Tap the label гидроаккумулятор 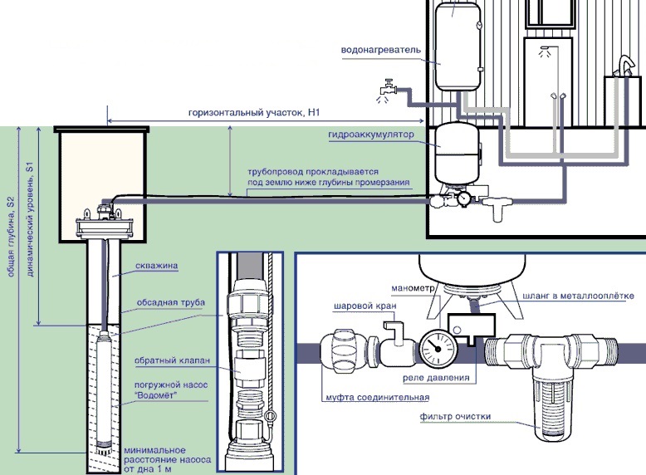click(x=371, y=135)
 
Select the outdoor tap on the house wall click(x=388, y=87)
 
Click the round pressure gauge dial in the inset click(x=436, y=348)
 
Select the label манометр click(x=413, y=288)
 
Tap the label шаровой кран click(x=365, y=306)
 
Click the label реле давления click(x=436, y=377)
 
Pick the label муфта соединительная click(x=377, y=398)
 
